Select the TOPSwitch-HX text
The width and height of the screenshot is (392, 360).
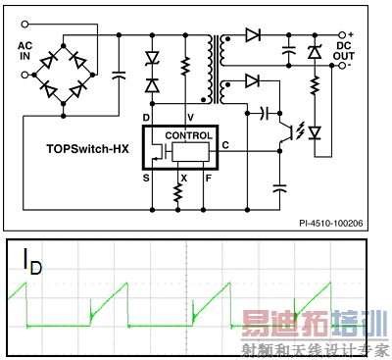[85, 152]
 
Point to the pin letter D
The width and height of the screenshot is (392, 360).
[146, 116]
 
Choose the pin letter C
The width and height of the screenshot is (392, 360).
[226, 145]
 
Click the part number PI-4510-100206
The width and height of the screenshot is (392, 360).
[340, 223]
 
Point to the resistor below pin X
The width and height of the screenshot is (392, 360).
[178, 194]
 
